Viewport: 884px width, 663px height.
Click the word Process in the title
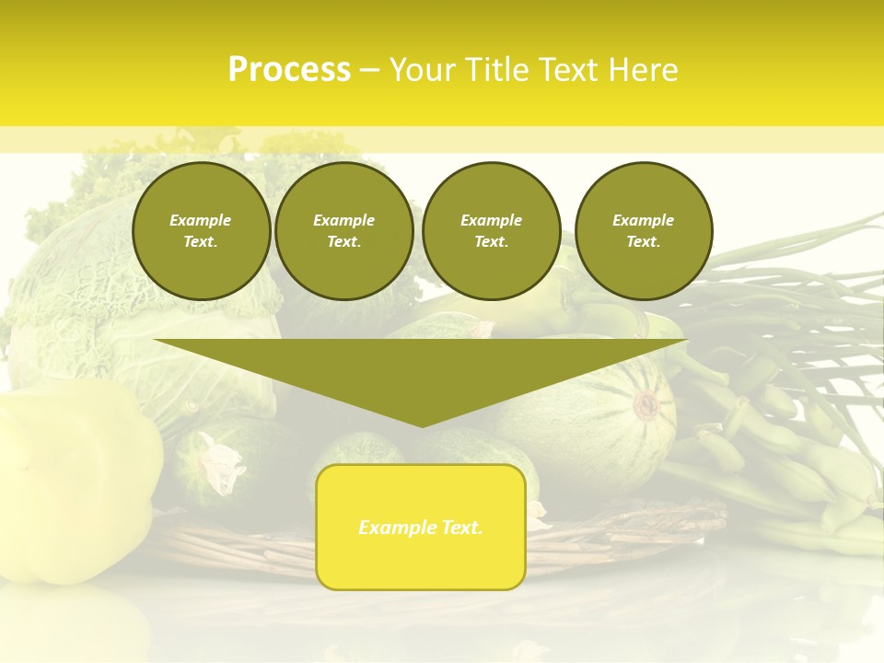pos(289,70)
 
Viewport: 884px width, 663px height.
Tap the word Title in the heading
pos(495,70)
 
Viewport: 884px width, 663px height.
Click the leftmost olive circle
pos(201,230)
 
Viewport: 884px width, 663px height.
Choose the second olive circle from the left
pos(343,230)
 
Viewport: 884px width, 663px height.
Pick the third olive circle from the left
pos(491,230)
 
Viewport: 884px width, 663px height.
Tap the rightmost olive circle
pos(643,230)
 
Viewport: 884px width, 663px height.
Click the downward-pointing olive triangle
pos(421,373)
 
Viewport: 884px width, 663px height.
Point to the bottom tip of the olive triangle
pos(421,425)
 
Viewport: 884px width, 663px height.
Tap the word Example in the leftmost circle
pos(201,220)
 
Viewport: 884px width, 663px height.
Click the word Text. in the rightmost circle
pos(643,241)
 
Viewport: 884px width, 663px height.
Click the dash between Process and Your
pos(369,70)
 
